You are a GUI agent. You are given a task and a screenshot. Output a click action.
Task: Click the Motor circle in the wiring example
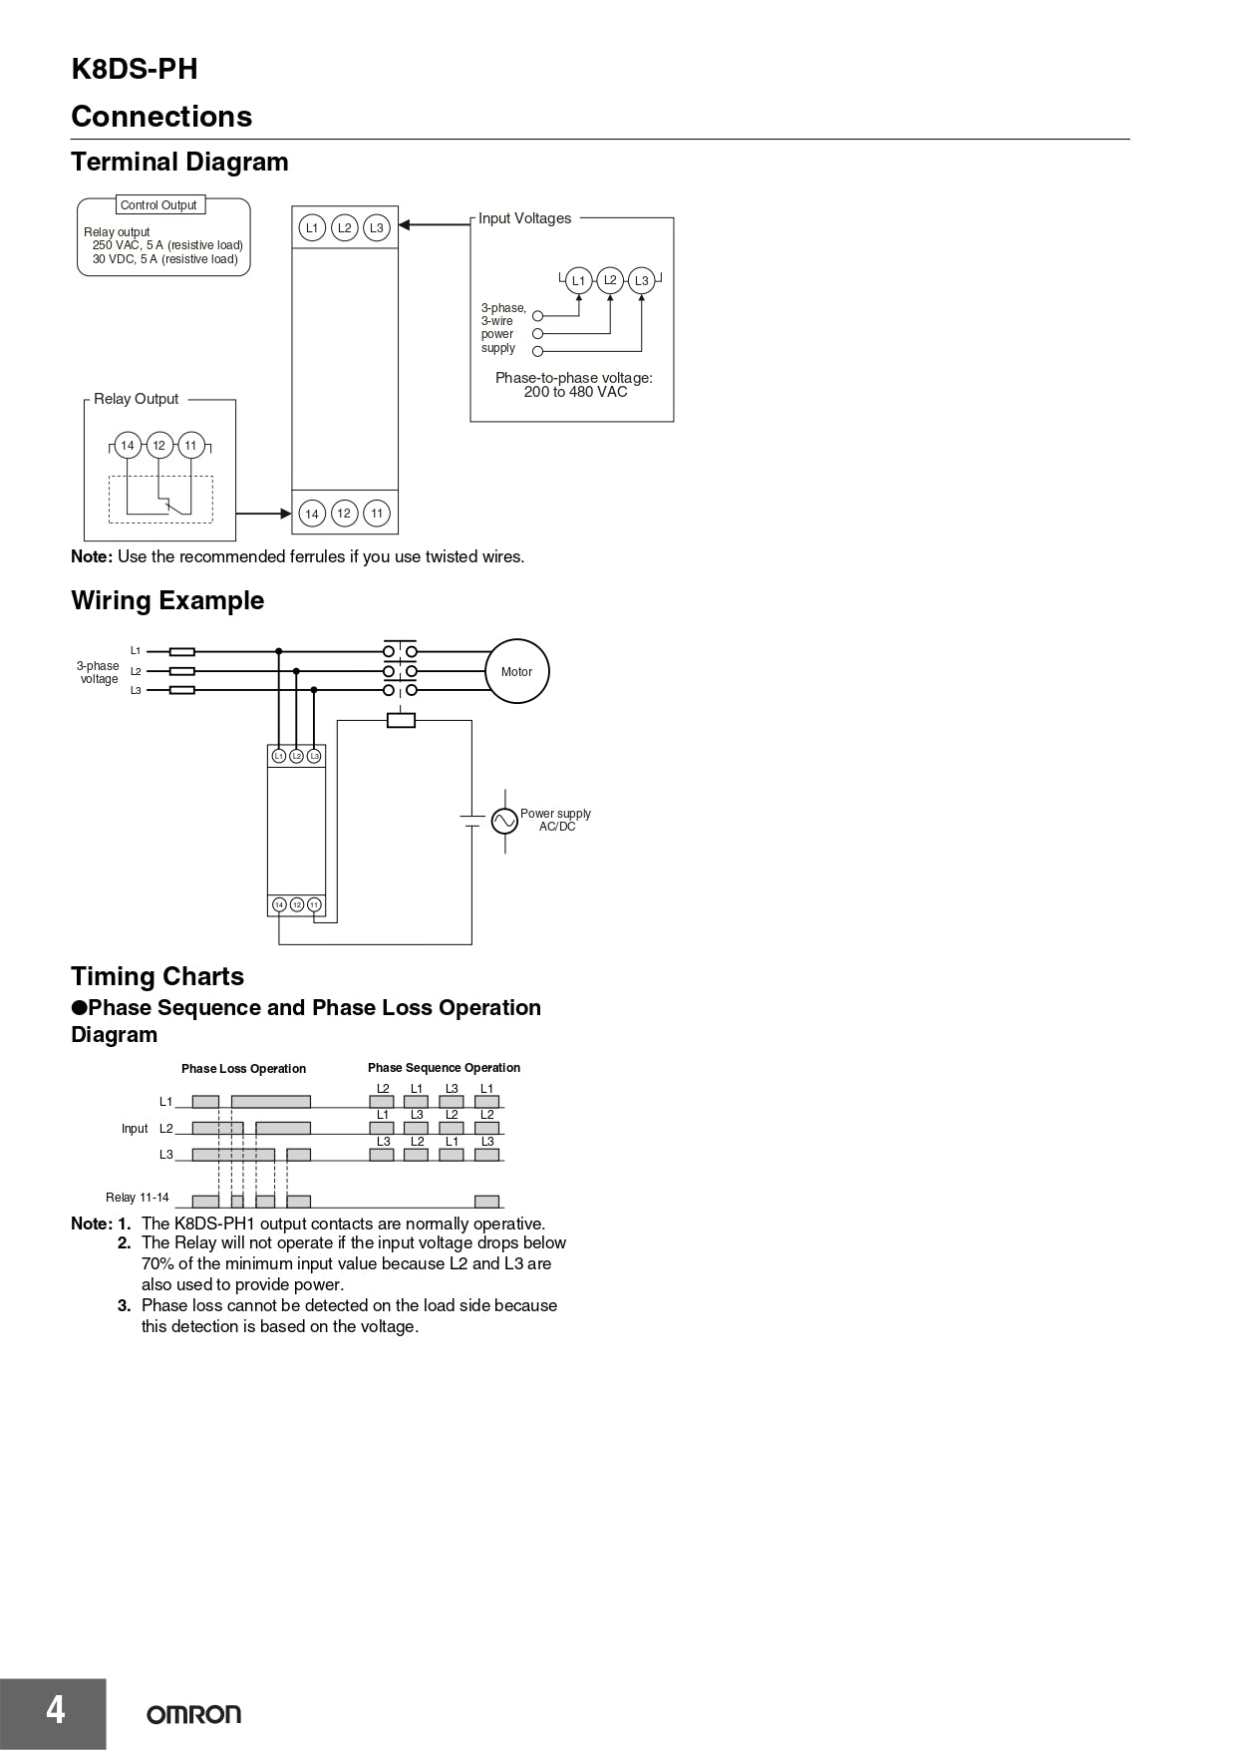pyautogui.click(x=516, y=671)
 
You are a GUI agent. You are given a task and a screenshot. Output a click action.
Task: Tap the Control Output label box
pyautogui.click(x=158, y=205)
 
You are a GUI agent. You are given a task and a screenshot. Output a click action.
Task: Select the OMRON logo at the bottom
pyautogui.click(x=194, y=1714)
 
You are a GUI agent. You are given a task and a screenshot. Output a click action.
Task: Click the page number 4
pyautogui.click(x=55, y=1710)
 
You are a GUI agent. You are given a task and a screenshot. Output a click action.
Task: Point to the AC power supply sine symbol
pyautogui.click(x=504, y=821)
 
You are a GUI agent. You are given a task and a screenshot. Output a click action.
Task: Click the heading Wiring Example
pyautogui.click(x=167, y=600)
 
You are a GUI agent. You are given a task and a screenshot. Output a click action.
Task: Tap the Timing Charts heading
pyautogui.click(x=157, y=976)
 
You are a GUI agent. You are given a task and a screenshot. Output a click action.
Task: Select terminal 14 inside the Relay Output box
pyautogui.click(x=127, y=446)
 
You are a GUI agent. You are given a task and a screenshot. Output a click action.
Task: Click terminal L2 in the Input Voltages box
pyautogui.click(x=610, y=280)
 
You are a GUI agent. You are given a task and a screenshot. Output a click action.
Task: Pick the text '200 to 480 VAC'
pyautogui.click(x=575, y=392)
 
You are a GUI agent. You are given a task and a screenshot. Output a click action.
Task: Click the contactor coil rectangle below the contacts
pyautogui.click(x=401, y=720)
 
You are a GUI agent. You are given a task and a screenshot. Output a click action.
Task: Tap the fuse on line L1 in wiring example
pyautogui.click(x=182, y=651)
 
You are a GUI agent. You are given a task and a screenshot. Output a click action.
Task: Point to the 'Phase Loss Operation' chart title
pyautogui.click(x=243, y=1069)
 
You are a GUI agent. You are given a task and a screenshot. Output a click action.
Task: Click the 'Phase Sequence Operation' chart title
pyautogui.click(x=444, y=1068)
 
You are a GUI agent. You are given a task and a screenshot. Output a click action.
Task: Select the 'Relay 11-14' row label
pyautogui.click(x=138, y=1198)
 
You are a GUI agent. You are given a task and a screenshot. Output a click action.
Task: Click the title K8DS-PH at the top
pyautogui.click(x=135, y=69)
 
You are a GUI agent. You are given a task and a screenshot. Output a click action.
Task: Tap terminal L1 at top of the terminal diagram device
pyautogui.click(x=312, y=228)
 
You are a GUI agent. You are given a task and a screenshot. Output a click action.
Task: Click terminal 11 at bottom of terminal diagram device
pyautogui.click(x=376, y=514)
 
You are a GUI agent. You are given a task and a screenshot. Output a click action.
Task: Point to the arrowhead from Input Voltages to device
pyautogui.click(x=405, y=224)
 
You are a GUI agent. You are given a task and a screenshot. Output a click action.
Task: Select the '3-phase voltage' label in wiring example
pyautogui.click(x=99, y=672)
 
